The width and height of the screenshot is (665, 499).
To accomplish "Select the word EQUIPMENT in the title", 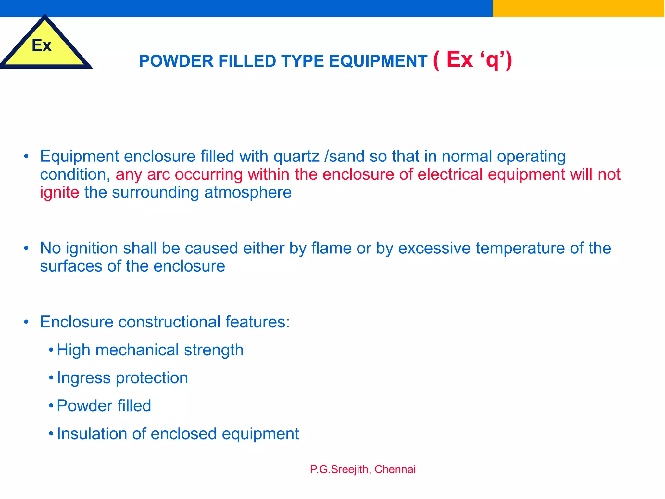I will tap(378, 61).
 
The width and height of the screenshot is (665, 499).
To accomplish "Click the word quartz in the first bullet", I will tap(296, 157).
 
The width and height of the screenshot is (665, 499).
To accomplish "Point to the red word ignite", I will tap(59, 192).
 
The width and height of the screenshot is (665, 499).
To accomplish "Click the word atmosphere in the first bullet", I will tap(248, 192).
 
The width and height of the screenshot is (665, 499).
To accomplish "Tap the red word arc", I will tap(158, 174).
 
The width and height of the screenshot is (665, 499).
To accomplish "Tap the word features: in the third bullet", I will tap(257, 322).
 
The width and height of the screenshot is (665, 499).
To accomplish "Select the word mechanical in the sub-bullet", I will tap(137, 350).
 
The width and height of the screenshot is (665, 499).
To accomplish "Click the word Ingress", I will tap(83, 378).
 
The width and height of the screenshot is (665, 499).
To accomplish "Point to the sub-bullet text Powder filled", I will tap(104, 406).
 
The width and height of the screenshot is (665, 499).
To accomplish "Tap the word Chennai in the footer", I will tap(395, 469).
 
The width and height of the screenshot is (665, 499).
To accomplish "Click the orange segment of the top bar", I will tap(578, 8).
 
